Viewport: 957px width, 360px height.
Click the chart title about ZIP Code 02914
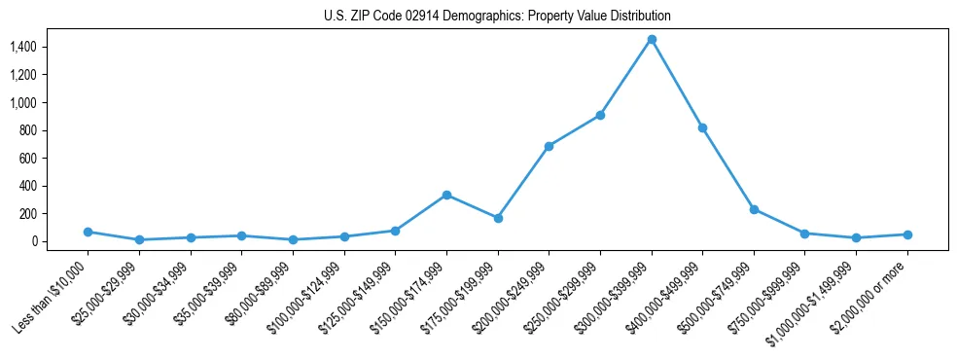pyautogui.click(x=497, y=17)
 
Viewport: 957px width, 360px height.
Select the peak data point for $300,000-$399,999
pyautogui.click(x=652, y=39)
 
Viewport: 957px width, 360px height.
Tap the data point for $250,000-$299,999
pyautogui.click(x=600, y=115)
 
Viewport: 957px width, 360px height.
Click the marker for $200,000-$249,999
pyautogui.click(x=549, y=146)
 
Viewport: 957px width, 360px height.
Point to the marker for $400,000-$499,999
pyautogui.click(x=702, y=127)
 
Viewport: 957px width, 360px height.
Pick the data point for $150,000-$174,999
pyautogui.click(x=446, y=195)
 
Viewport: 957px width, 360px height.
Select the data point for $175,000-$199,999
pyautogui.click(x=498, y=218)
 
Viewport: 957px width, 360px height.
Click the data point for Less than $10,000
pyautogui.click(x=88, y=232)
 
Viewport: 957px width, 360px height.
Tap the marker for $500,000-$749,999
pyautogui.click(x=754, y=209)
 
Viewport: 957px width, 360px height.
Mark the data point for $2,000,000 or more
pyautogui.click(x=907, y=234)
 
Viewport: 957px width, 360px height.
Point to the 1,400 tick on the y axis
pyautogui.click(x=36, y=47)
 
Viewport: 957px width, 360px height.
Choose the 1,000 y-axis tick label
pyautogui.click(x=36, y=102)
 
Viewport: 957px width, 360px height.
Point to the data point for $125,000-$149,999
pyautogui.click(x=395, y=231)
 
